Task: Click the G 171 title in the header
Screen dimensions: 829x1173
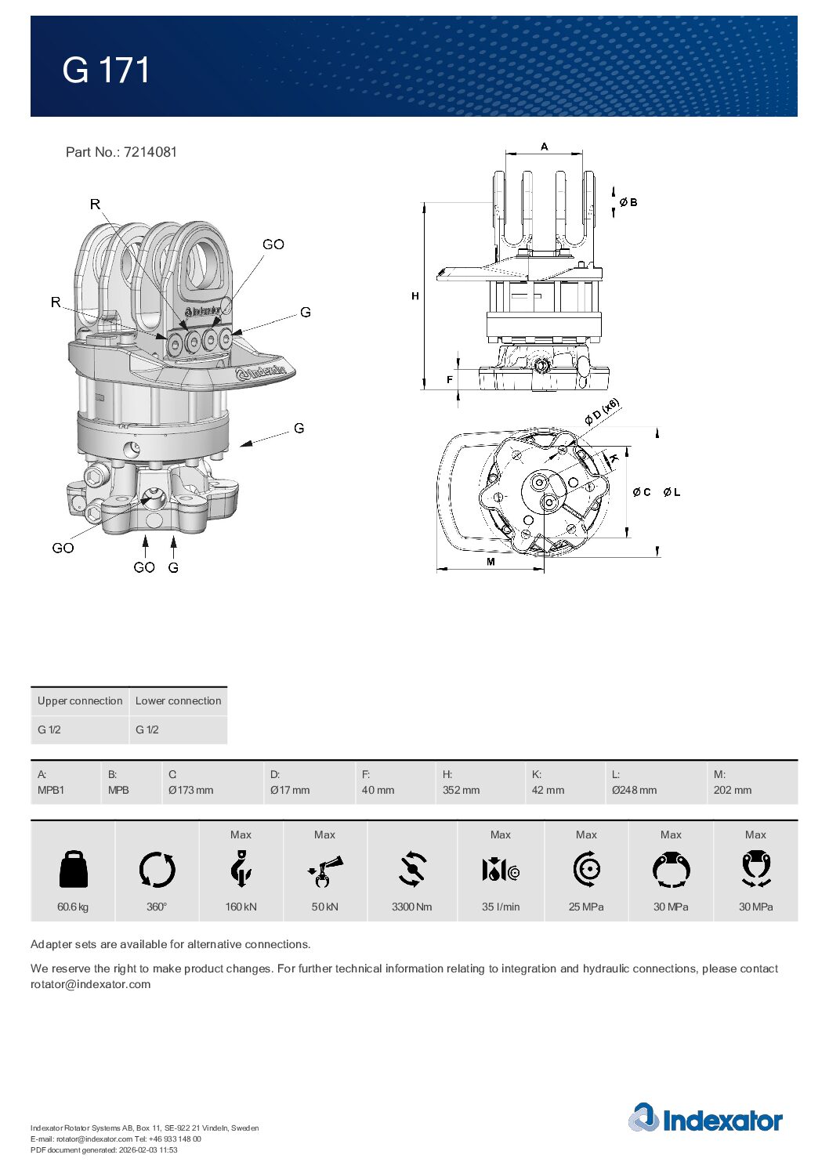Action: tap(107, 71)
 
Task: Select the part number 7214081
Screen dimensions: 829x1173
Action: tap(150, 152)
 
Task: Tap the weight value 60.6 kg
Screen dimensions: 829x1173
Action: tap(73, 907)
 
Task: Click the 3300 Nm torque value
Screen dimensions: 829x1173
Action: tap(411, 907)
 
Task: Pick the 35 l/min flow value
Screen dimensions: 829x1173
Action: tap(501, 907)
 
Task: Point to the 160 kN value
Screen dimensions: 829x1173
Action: tap(241, 907)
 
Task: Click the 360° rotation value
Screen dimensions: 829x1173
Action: tap(157, 907)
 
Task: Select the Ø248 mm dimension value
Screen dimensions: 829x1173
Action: tap(634, 790)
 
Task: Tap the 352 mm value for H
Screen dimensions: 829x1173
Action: tap(461, 790)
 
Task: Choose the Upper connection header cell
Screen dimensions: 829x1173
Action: tap(80, 701)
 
